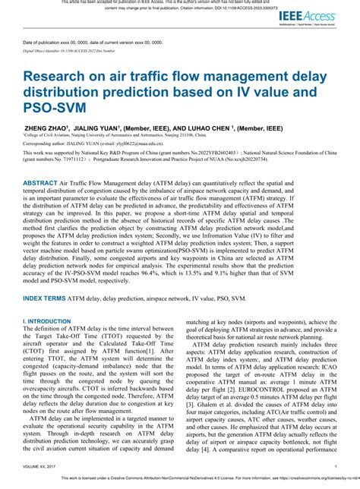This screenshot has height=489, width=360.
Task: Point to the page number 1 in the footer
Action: [336, 466]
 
